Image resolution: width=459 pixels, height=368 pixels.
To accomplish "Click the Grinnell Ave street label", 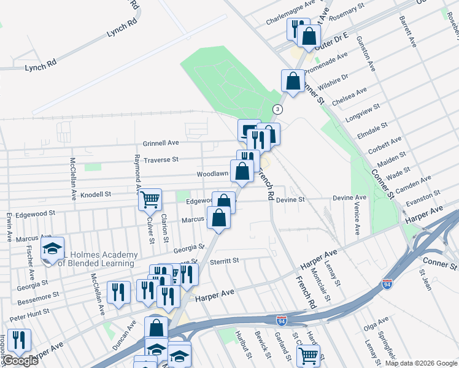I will tap(161, 143).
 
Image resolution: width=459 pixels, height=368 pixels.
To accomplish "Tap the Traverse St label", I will tap(161, 159).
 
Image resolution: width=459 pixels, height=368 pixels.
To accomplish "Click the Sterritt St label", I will tap(223, 261).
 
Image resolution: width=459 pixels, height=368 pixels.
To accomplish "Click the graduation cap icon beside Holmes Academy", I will tap(53, 248).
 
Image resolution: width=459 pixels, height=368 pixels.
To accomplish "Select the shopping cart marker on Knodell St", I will tap(150, 199).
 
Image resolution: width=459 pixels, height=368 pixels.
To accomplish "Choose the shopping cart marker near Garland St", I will tap(308, 355).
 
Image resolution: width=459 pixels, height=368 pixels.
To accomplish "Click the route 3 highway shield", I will tap(279, 109).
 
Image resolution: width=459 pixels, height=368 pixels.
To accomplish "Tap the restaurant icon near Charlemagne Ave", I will tap(297, 28).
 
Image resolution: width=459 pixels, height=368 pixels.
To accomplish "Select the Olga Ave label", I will tap(376, 322).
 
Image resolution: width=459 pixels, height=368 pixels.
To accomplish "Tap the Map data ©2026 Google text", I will tap(420, 363).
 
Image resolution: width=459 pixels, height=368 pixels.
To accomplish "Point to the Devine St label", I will tap(290, 200).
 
